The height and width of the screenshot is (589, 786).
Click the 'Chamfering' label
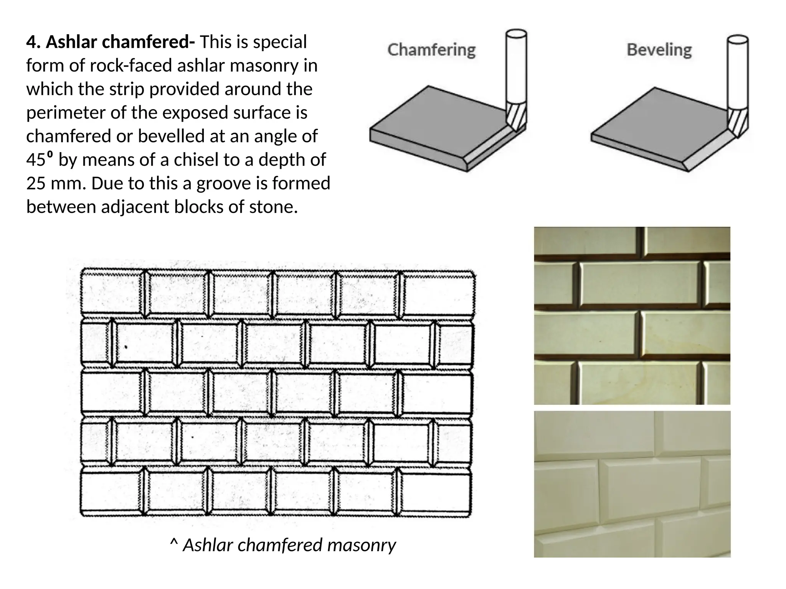coord(431,50)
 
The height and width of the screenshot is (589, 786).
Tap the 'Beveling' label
coord(659,50)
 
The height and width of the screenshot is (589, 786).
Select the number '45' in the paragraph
coord(36,160)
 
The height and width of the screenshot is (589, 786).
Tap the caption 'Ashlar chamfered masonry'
coord(289,545)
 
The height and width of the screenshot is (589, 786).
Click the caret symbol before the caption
coord(174,544)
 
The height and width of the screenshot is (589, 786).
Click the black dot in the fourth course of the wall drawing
coord(192,437)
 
